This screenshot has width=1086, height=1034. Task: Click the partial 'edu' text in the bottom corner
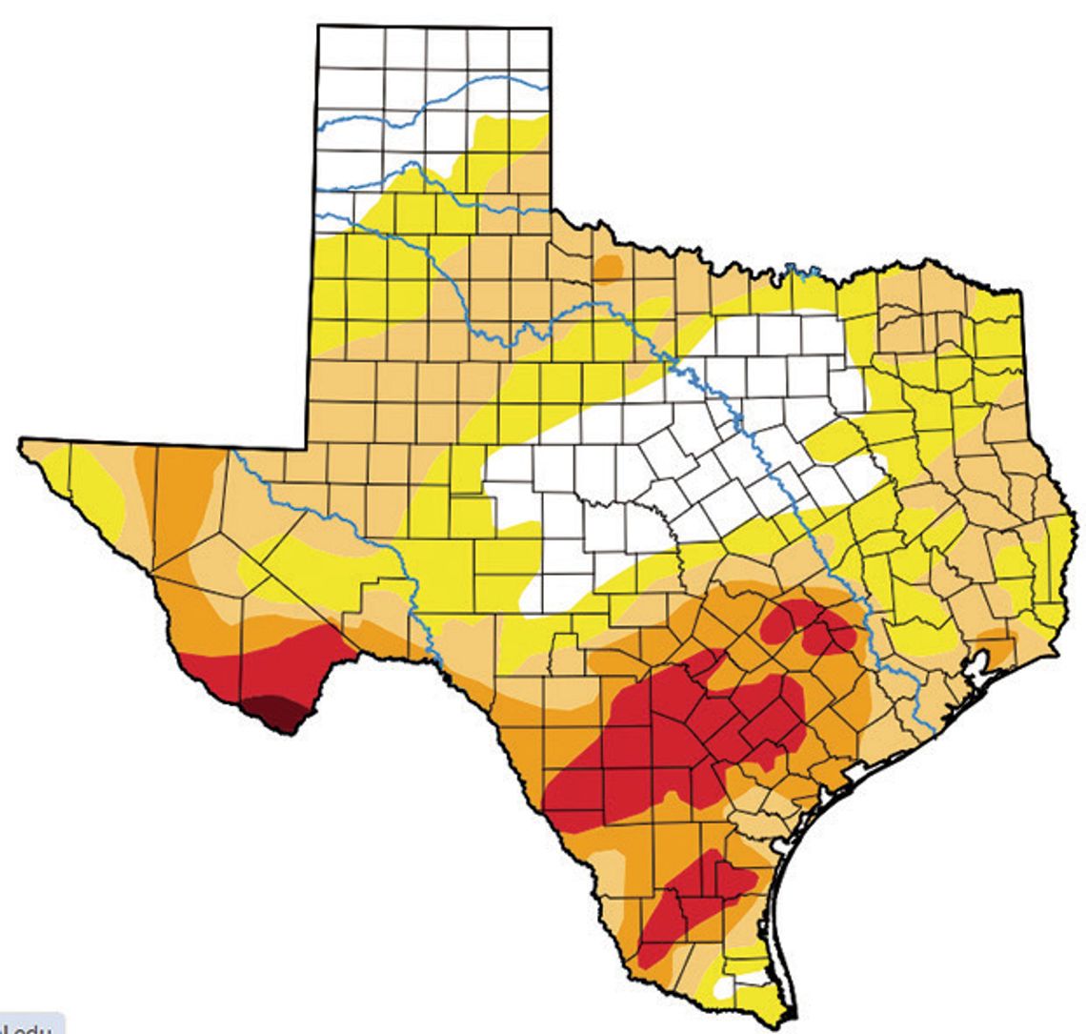pyautogui.click(x=29, y=1026)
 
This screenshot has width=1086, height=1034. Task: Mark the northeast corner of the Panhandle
pyautogui.click(x=550, y=29)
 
